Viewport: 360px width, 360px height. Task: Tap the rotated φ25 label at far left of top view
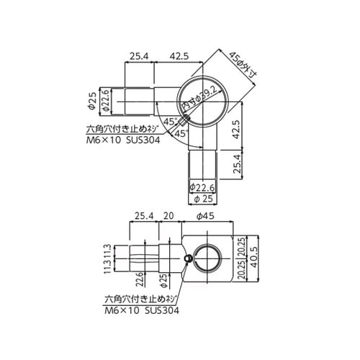coord(93,101)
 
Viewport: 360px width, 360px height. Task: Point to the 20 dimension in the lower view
coord(168,215)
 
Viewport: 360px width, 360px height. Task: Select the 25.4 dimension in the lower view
coord(144,215)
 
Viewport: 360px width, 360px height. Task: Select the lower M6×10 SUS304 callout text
coord(141,310)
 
